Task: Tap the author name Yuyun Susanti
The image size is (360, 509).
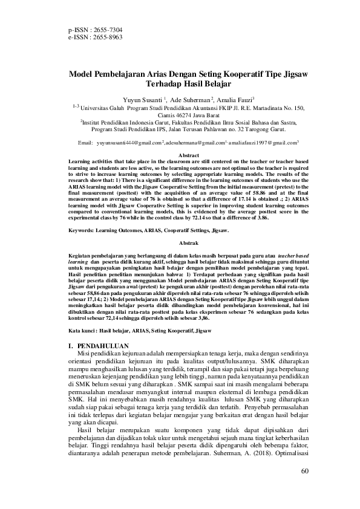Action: click(x=142, y=99)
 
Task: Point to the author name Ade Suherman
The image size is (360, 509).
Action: click(x=190, y=99)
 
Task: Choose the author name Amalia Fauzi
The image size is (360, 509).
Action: click(x=235, y=99)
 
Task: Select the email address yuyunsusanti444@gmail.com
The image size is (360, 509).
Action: click(x=128, y=143)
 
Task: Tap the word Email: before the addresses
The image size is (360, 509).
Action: click(x=85, y=143)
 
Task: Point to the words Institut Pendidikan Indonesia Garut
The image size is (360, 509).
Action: click(x=126, y=122)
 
